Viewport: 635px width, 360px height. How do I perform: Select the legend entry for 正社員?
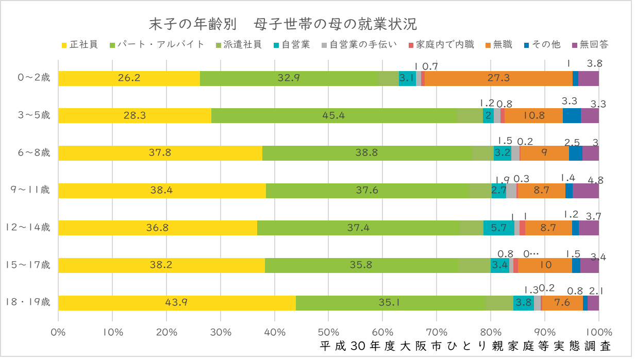coord(80,44)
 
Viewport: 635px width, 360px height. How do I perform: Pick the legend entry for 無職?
coord(498,44)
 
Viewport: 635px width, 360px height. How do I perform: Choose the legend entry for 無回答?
coord(590,44)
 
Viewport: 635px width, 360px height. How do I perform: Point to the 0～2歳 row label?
coord(34,78)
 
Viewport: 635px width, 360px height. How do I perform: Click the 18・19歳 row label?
coord(28,302)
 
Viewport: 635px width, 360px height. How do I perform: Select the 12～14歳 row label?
coord(28,228)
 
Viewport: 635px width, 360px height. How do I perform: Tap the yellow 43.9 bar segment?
coord(177,303)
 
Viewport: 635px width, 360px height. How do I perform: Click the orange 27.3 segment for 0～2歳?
coord(498,78)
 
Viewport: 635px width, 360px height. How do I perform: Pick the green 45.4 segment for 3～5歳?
coord(333,116)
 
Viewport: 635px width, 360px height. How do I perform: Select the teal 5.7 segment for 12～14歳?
coord(498,228)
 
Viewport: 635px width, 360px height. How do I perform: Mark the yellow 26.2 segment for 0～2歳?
coord(129,78)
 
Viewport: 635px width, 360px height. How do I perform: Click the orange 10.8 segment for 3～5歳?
coord(533,116)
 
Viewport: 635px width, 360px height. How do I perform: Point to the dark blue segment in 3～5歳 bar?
coord(572,116)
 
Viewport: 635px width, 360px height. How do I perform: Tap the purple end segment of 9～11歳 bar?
coord(586,191)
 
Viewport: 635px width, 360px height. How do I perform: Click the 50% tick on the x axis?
coord(328,332)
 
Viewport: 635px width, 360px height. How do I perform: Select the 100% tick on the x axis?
coord(598,332)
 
